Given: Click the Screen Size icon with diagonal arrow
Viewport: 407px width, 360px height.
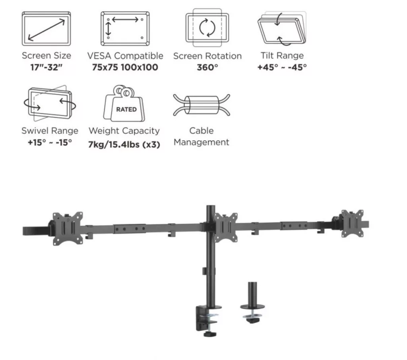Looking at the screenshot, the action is [x=46, y=29].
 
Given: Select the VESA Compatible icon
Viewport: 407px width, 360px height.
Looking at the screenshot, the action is [x=125, y=29].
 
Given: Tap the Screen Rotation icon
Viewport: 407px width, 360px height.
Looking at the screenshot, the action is [x=207, y=27].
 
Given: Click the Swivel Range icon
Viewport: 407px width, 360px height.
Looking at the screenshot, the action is [x=50, y=103].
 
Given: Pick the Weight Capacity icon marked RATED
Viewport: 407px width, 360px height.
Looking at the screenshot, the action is [x=124, y=103].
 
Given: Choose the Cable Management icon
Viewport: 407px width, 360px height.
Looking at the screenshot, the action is [x=202, y=105].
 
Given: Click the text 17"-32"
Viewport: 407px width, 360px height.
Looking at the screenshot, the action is [x=47, y=67].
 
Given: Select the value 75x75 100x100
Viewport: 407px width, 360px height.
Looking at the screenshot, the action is [x=125, y=67].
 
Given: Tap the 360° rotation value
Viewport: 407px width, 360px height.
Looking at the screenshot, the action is [x=207, y=67].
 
